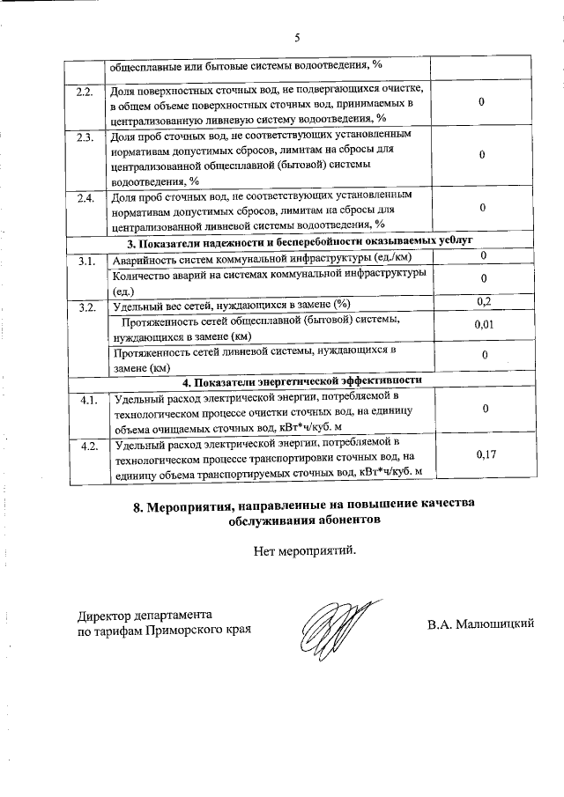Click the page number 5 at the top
pyautogui.click(x=297, y=38)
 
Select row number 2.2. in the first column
pyautogui.click(x=85, y=91)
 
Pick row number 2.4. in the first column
pyautogui.click(x=85, y=197)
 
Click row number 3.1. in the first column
pyautogui.click(x=86, y=261)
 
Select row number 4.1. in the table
pyautogui.click(x=87, y=399)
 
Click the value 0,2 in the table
pyautogui.click(x=483, y=302)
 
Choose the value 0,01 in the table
pyautogui.click(x=483, y=326)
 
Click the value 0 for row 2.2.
pyautogui.click(x=483, y=103)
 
